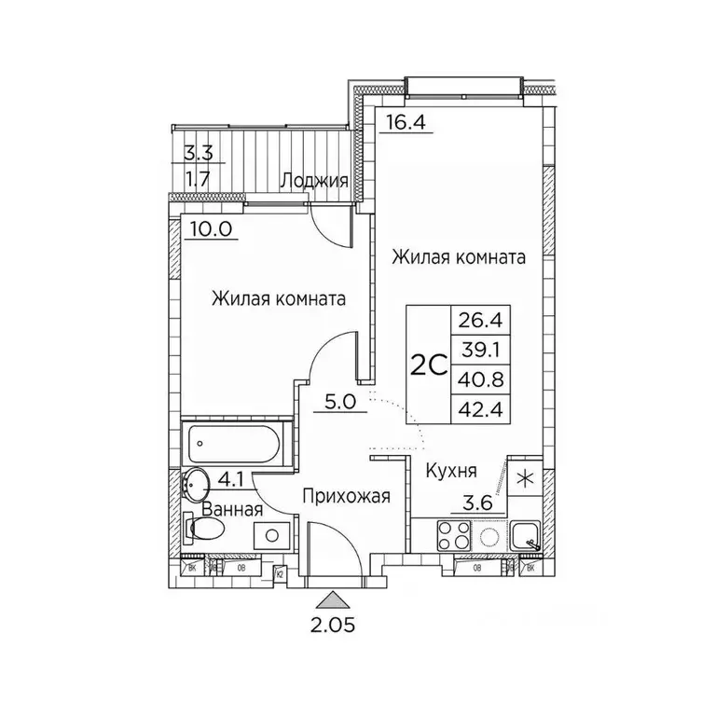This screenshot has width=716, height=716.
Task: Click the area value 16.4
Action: point(402,121)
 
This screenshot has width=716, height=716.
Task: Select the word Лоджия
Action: point(316,182)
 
